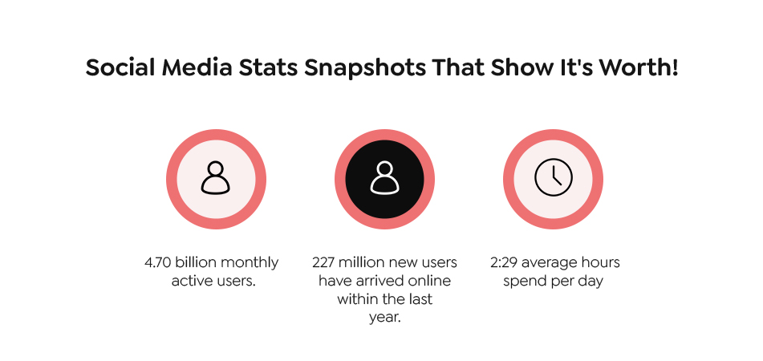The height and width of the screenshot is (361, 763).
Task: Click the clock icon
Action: tap(554, 176)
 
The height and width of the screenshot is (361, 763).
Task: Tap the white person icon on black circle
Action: tap(384, 177)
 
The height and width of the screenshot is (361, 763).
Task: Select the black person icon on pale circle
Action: tap(215, 177)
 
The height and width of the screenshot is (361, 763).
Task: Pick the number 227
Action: tap(326, 262)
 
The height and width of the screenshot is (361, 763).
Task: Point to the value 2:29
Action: tap(505, 262)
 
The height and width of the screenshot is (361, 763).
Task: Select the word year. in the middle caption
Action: tap(384, 317)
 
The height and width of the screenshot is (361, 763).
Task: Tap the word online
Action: tap(430, 281)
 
